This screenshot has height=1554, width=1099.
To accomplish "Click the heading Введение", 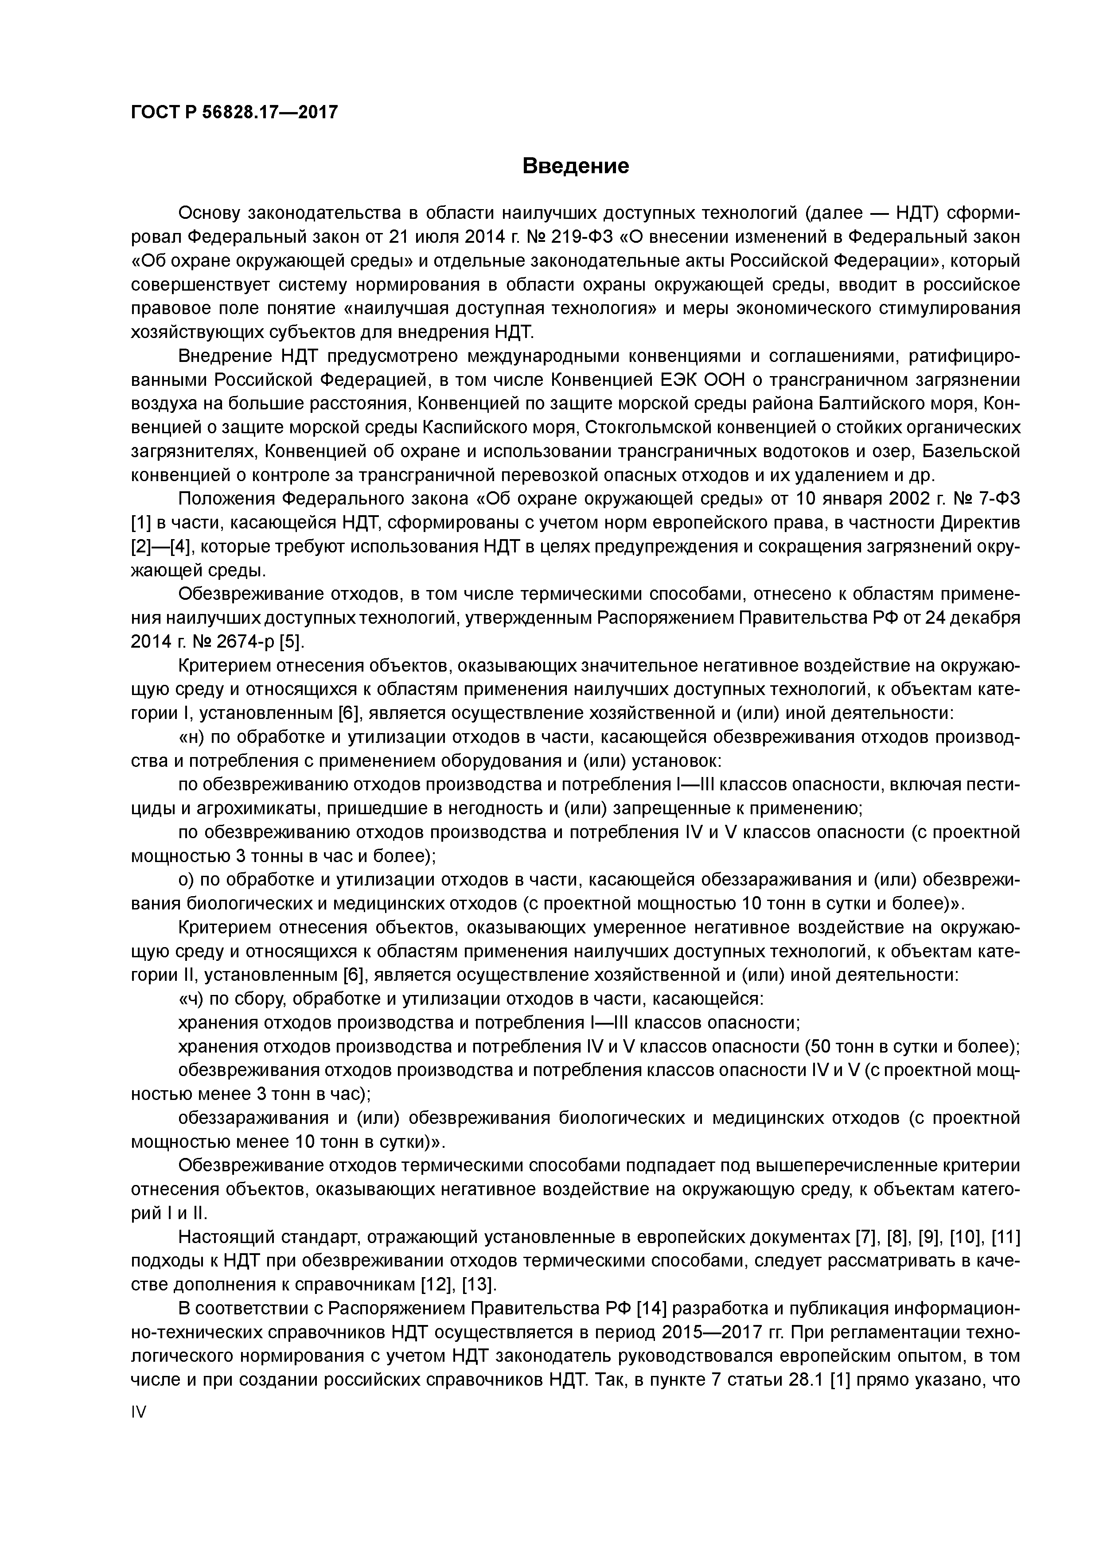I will (576, 166).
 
